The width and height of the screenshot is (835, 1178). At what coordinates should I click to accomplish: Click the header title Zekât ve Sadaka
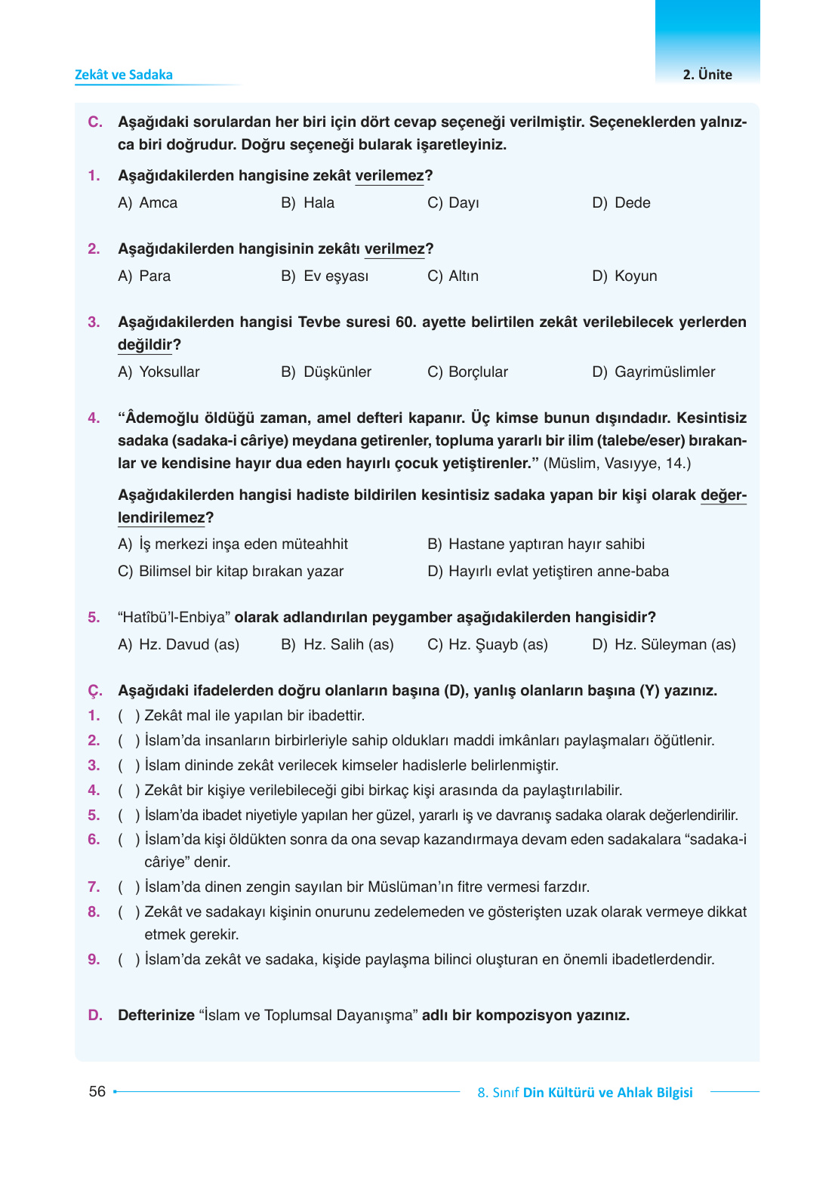tap(124, 75)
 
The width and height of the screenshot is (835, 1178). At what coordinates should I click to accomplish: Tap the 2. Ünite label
tap(707, 75)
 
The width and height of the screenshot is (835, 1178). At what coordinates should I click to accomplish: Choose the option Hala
tap(318, 203)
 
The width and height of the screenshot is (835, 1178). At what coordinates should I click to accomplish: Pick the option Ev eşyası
tap(335, 276)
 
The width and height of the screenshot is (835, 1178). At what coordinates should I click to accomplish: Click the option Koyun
tap(635, 276)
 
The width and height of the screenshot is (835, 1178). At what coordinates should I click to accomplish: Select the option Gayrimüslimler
tap(664, 372)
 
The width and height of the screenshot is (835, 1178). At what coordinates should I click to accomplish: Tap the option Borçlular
tap(477, 372)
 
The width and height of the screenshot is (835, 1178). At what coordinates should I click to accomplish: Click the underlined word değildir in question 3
tap(145, 345)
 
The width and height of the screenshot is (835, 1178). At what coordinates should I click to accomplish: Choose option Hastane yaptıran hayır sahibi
tap(546, 544)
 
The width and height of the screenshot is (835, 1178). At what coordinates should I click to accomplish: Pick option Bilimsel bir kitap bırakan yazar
tap(240, 572)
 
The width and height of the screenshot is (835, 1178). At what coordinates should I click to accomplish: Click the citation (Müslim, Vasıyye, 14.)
tap(617, 464)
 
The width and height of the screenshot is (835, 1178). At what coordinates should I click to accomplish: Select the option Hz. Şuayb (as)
tap(497, 645)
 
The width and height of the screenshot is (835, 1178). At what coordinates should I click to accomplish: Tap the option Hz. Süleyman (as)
tap(674, 645)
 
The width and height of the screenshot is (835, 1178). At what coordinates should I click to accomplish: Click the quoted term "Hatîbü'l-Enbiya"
tap(174, 618)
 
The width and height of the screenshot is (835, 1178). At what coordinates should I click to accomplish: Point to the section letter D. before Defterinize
tap(95, 1016)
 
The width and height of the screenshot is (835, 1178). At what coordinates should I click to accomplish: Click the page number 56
tap(97, 1092)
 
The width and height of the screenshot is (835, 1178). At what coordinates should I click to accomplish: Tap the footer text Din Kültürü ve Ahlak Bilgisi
tap(607, 1093)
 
